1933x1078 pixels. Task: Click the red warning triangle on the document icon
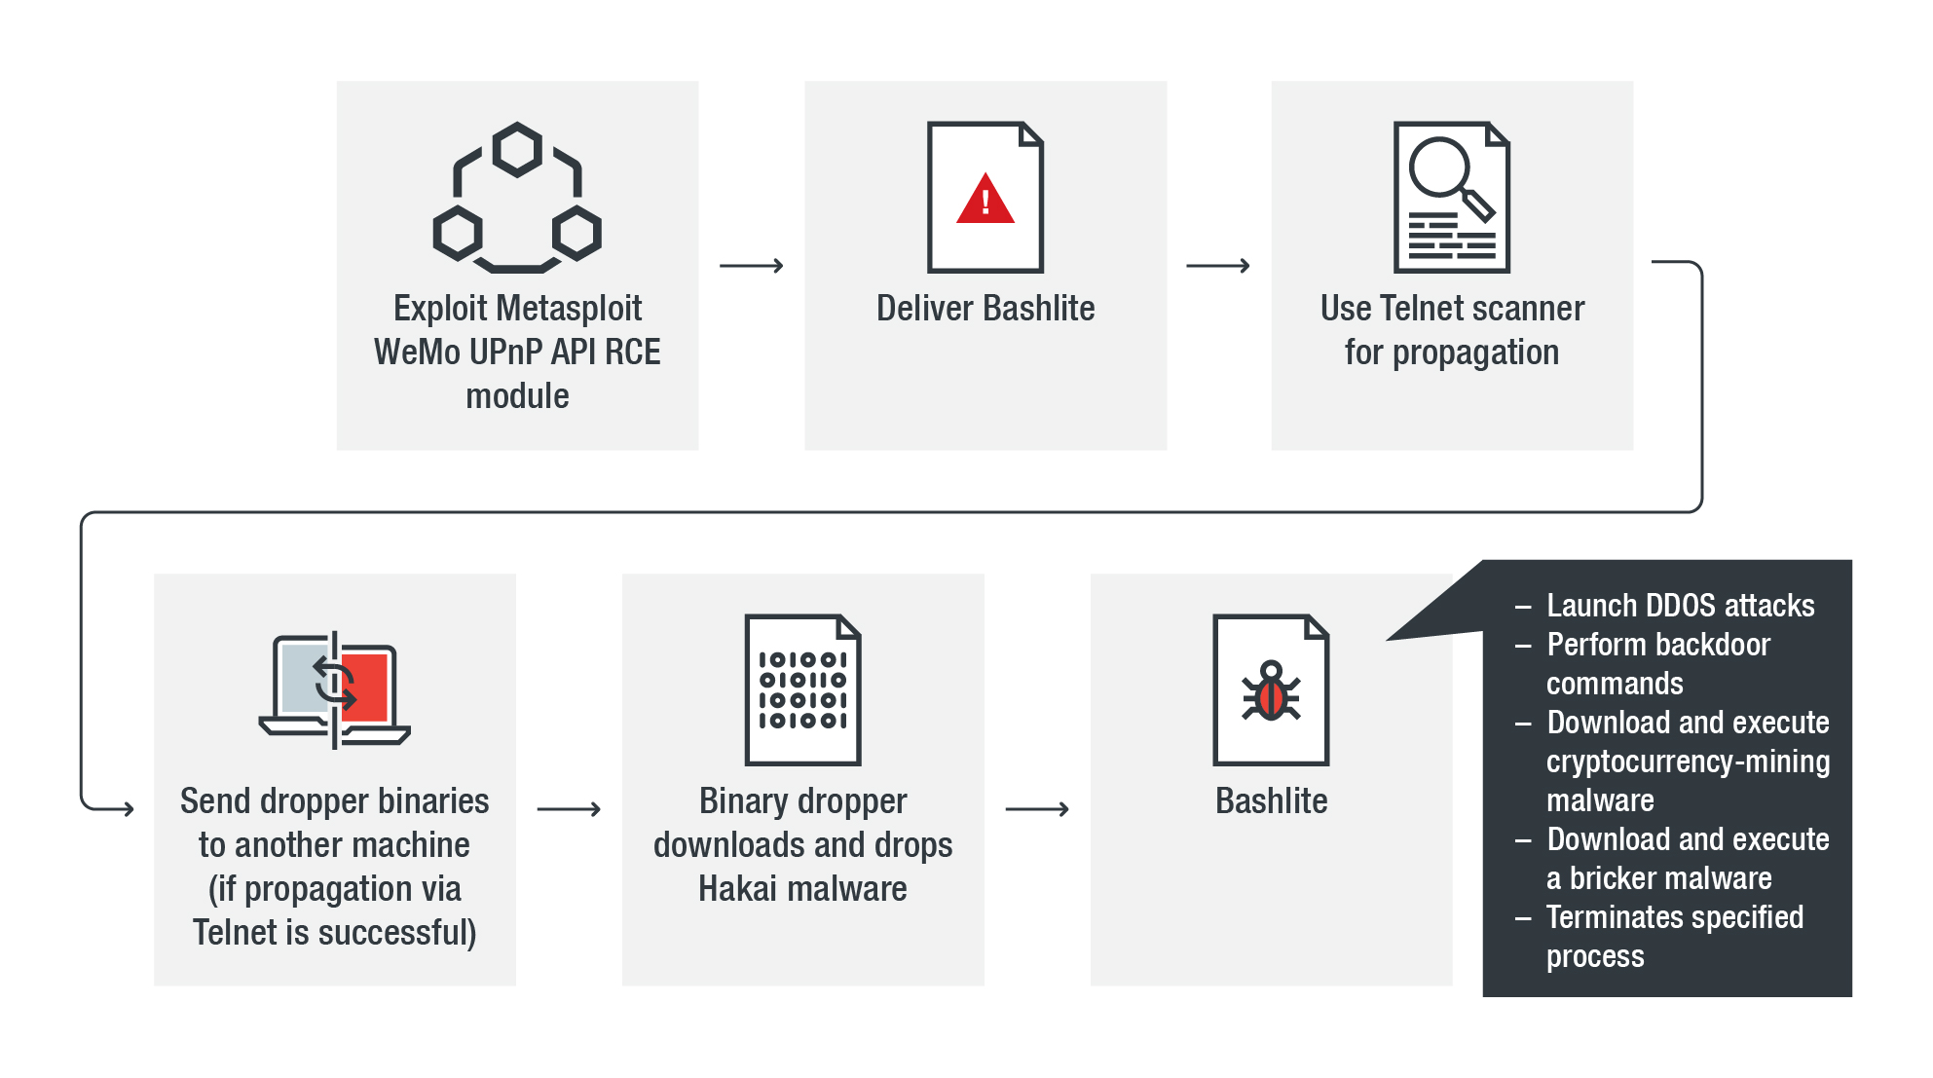point(985,200)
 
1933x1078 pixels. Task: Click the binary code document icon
point(802,689)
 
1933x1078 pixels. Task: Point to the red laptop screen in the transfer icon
point(366,686)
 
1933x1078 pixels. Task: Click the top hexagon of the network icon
point(517,150)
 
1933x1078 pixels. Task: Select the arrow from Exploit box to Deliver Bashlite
point(751,266)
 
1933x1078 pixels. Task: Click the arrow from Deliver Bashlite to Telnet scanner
point(1217,266)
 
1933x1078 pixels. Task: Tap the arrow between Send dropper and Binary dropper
point(569,809)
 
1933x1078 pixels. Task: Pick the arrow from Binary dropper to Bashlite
point(1037,809)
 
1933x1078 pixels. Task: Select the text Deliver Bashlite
point(985,309)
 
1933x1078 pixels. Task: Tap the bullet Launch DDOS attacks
point(1680,606)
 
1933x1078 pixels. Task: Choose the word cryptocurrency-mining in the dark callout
point(1688,762)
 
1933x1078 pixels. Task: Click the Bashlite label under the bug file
point(1271,801)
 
